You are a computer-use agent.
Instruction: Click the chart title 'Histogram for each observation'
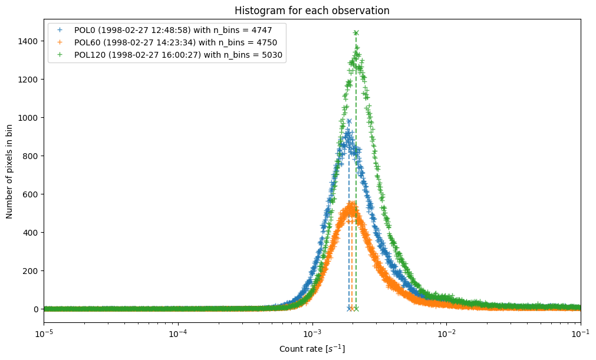pos(312,11)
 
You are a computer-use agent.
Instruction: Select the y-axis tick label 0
pos(35,309)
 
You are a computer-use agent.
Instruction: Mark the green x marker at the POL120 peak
pos(356,33)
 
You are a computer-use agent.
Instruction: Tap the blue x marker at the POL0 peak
pos(349,121)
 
